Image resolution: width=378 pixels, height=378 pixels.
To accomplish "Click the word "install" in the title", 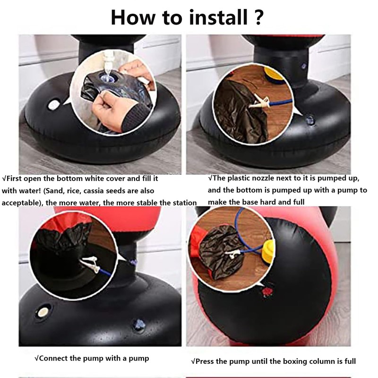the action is [x=218, y=17].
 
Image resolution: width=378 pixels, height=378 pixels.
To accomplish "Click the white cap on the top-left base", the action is [x=53, y=105].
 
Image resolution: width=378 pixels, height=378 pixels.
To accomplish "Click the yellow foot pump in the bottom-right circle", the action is [x=269, y=253].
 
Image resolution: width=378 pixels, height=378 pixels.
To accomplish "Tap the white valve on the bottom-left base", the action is [x=43, y=312].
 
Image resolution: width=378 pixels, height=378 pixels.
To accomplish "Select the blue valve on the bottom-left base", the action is [x=139, y=325].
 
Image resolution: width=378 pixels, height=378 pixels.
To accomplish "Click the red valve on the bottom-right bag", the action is [x=267, y=292].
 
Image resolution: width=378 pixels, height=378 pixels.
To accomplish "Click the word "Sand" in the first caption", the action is [x=53, y=191].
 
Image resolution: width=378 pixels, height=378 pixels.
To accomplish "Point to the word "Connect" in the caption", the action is [x=53, y=358].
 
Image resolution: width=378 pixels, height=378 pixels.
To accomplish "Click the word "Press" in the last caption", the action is [x=205, y=361].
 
